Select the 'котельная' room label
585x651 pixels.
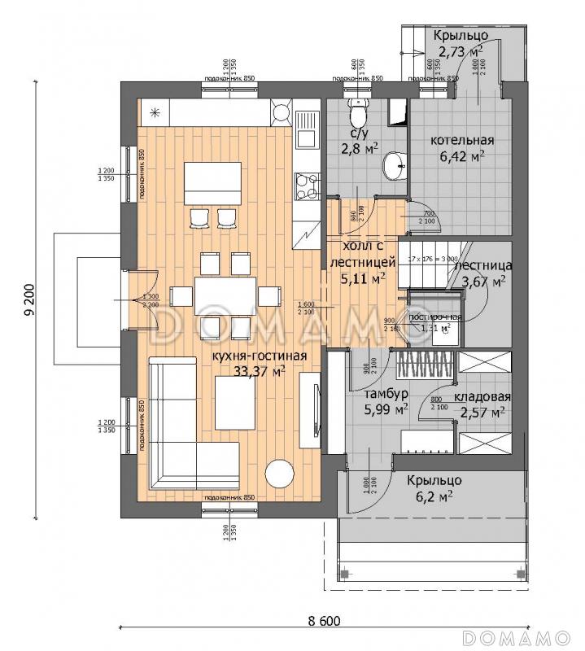click(462, 140)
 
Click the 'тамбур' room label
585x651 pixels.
click(375, 394)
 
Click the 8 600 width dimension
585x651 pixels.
click(323, 621)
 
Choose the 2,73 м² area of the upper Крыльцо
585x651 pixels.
click(460, 52)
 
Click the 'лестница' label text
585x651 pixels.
click(483, 265)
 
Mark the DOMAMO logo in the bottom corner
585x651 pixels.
click(520, 635)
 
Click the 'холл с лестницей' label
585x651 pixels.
click(362, 254)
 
